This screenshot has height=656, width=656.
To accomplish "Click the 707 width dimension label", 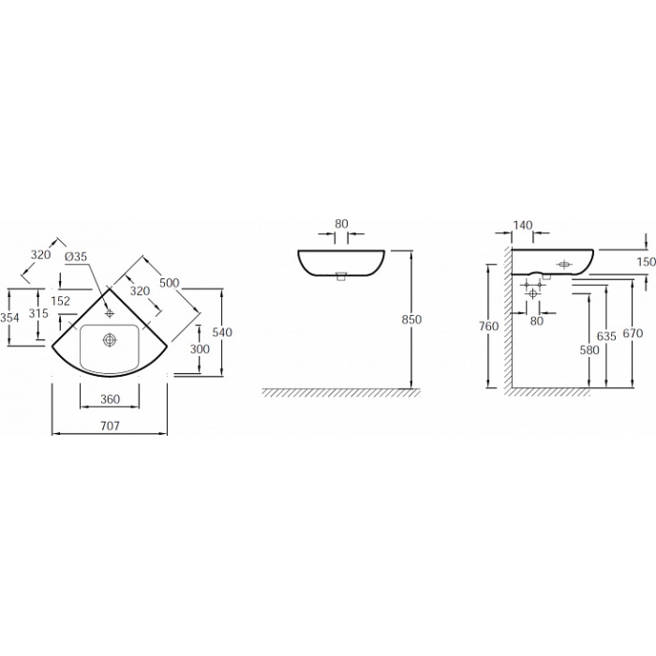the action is [x=110, y=425].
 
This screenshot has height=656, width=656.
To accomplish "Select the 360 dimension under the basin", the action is [x=110, y=399].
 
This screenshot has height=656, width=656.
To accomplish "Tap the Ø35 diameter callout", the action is [x=76, y=256].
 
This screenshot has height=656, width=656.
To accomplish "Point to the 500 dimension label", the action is [x=170, y=283].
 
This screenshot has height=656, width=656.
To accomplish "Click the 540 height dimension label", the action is [x=222, y=332].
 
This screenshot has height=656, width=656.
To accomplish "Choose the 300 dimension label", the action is [x=200, y=349].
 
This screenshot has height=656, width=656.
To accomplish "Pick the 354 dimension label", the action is [x=9, y=318].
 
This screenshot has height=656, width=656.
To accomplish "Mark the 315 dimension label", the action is [x=38, y=313].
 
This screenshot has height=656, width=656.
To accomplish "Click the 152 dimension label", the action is [x=61, y=301].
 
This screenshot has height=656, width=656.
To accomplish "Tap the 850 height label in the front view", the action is [x=411, y=320].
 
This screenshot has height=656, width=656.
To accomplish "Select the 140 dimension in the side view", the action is [x=523, y=226].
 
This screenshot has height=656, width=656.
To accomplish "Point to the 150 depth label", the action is [x=647, y=261].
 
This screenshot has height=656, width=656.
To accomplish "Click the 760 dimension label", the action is [x=489, y=325].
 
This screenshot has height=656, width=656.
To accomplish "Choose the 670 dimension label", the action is [x=633, y=334].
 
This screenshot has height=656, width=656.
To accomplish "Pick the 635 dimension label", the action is [x=606, y=335].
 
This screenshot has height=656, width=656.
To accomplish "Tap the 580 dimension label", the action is [x=589, y=350].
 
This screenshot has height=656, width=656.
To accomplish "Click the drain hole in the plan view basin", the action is [x=110, y=340].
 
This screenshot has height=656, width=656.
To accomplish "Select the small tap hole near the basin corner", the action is [x=110, y=312].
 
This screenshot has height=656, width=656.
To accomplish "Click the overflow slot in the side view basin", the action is [x=564, y=264].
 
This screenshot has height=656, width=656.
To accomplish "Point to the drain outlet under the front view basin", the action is [x=341, y=276].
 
